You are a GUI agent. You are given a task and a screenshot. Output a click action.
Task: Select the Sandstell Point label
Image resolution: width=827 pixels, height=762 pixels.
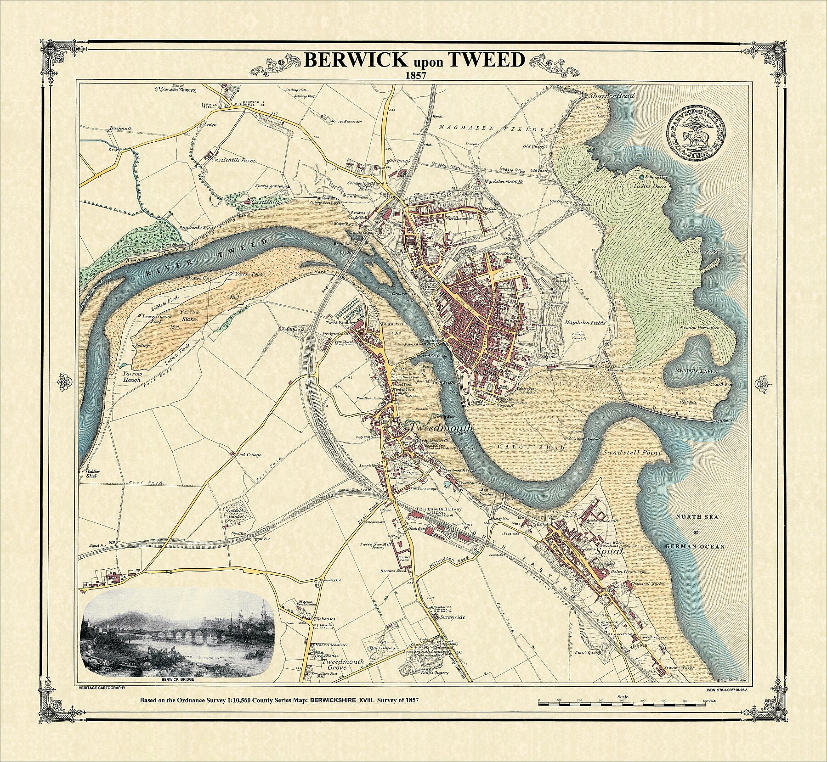(x=632, y=453)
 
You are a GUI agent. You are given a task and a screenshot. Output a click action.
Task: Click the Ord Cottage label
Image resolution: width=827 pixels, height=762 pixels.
(x=249, y=455)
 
